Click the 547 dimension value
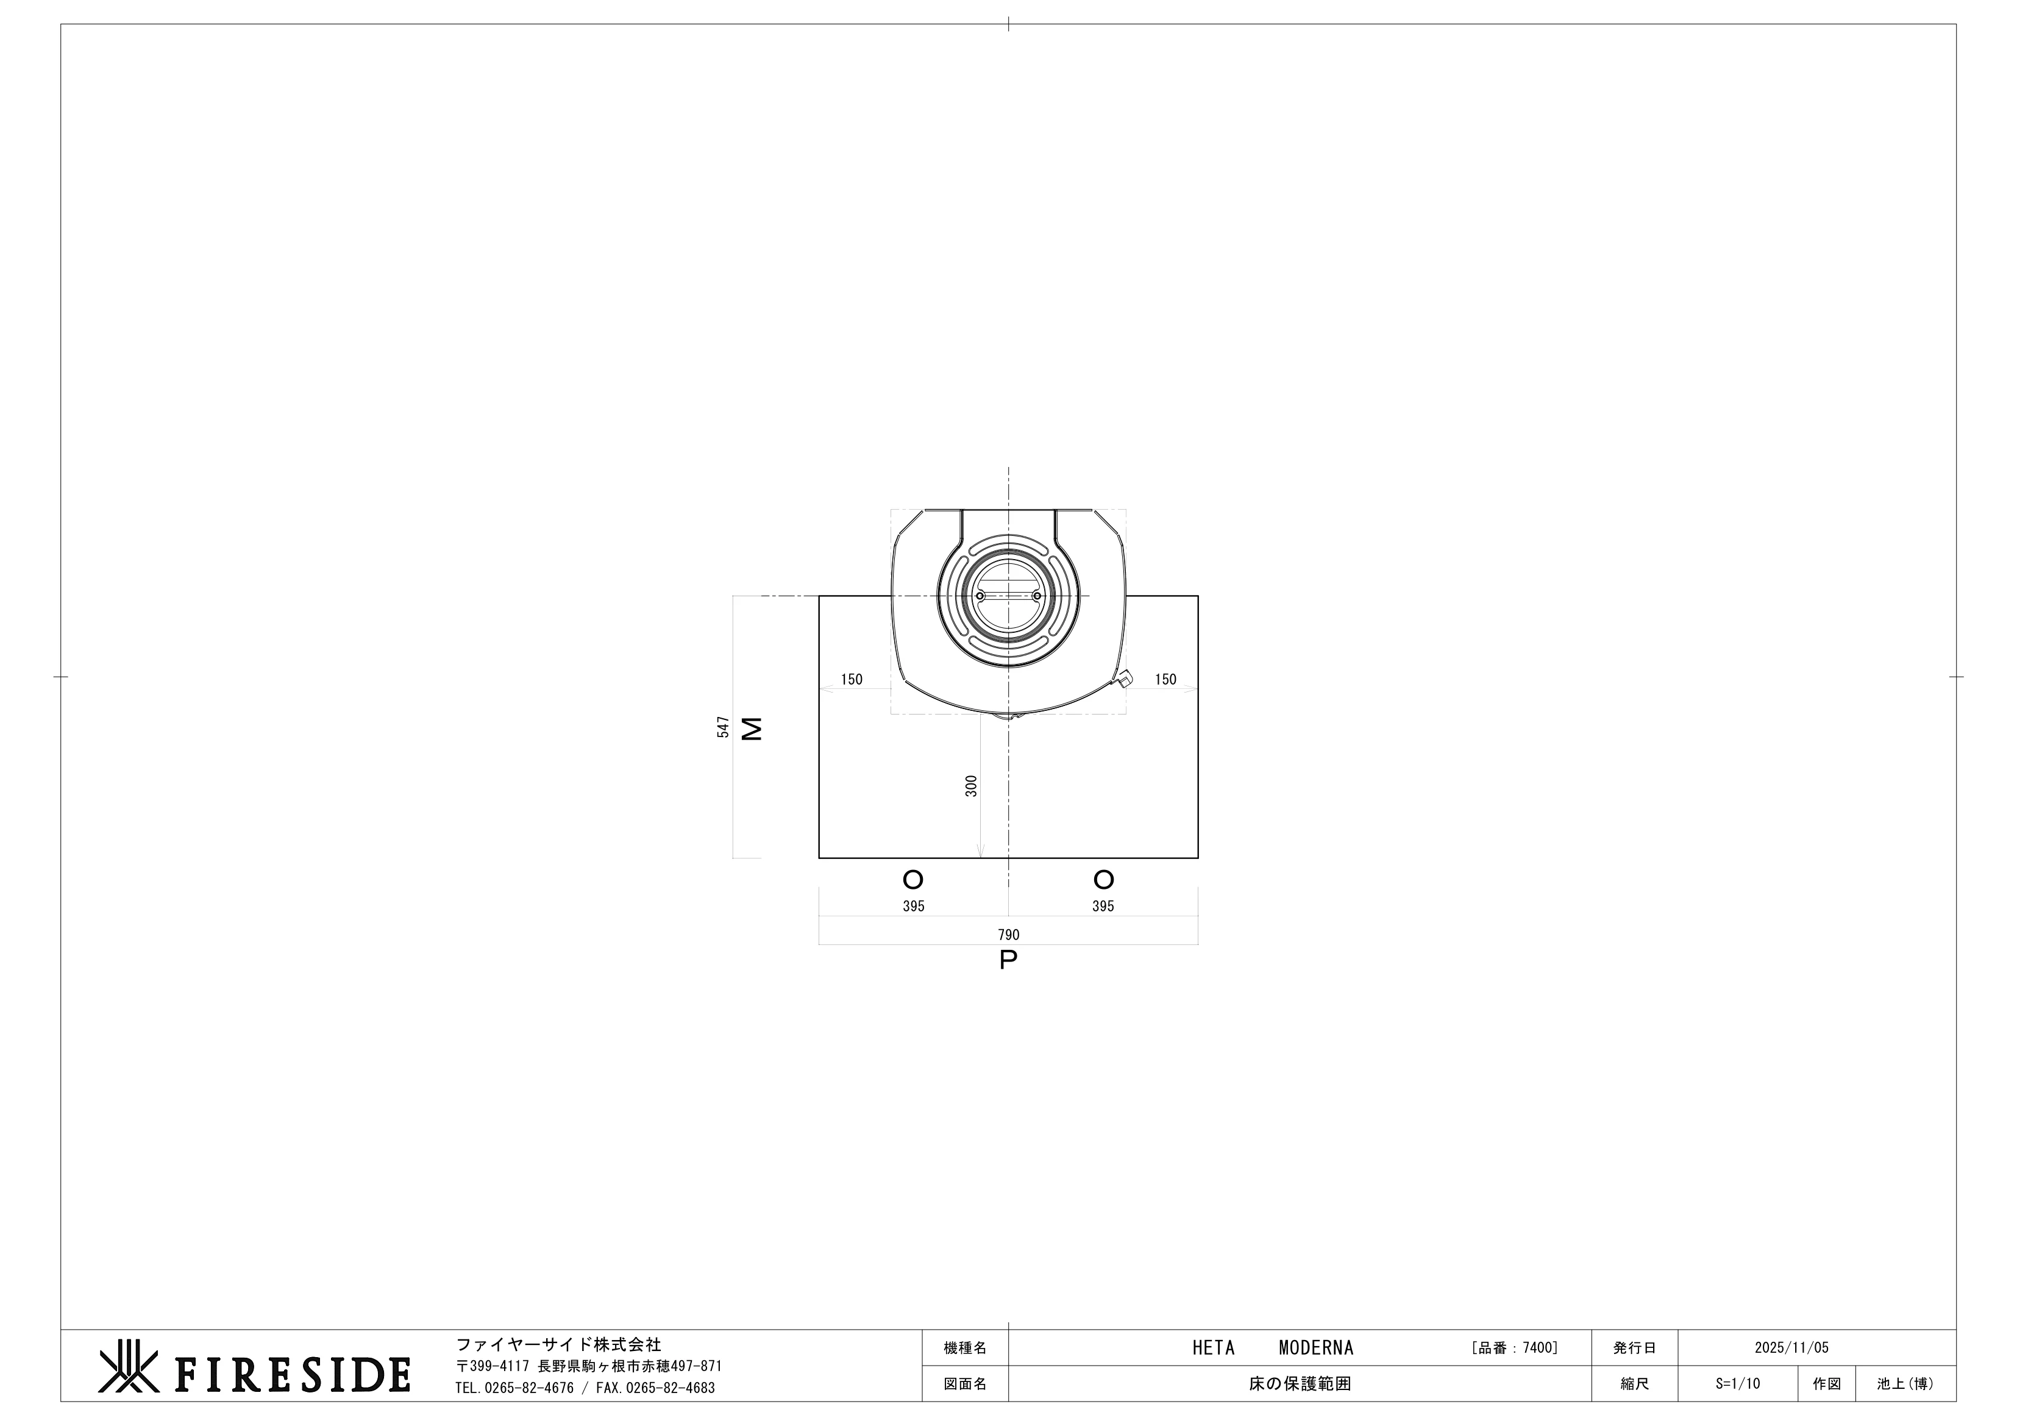[x=723, y=727]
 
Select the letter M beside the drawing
[x=752, y=729]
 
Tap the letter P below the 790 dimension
[x=1008, y=960]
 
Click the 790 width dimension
[x=1008, y=935]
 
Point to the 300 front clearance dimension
[x=971, y=785]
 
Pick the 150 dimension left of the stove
[x=852, y=679]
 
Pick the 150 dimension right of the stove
[x=1165, y=679]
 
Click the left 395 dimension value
[x=914, y=906]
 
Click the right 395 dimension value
[x=1103, y=906]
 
